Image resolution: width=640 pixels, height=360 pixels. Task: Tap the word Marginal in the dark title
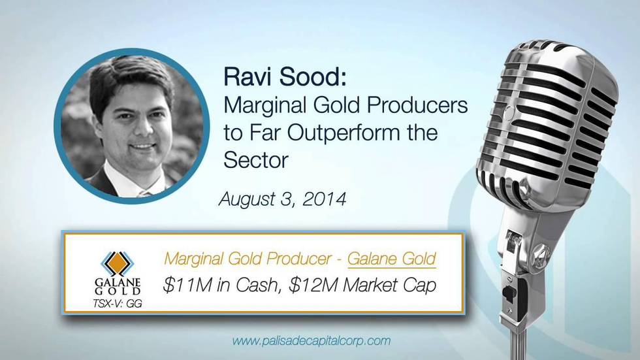tap(264, 106)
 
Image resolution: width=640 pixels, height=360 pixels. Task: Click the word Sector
tap(256, 159)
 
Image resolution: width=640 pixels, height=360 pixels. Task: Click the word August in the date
tap(248, 199)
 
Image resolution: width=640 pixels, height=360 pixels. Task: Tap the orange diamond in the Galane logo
tap(118, 263)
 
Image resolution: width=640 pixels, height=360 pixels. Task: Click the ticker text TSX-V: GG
tap(118, 303)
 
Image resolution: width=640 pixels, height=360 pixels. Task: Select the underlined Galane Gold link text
tap(392, 259)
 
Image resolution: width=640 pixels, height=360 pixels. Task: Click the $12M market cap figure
tap(313, 285)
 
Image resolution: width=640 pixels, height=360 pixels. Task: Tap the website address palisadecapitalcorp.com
tap(312, 341)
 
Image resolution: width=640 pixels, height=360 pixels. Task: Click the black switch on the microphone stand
tap(509, 292)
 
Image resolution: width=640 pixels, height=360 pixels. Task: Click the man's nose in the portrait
tap(141, 129)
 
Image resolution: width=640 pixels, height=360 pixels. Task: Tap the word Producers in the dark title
tap(417, 105)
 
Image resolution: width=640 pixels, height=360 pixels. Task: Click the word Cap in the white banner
tap(420, 286)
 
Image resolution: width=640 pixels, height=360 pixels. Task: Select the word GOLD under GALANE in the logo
tap(118, 291)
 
